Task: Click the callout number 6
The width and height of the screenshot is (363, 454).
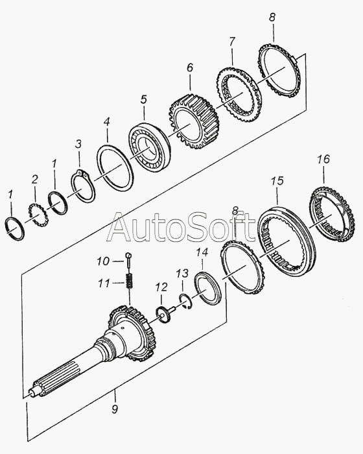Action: (x=190, y=67)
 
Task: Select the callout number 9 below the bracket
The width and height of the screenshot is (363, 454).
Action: (x=115, y=409)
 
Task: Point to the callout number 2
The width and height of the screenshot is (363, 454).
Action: (x=35, y=180)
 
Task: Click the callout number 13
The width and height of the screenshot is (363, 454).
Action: (x=182, y=273)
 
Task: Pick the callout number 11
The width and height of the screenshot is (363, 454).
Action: (x=104, y=283)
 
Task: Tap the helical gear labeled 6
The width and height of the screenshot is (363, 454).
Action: (x=194, y=121)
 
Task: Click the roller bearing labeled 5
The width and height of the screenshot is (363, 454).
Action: (x=149, y=147)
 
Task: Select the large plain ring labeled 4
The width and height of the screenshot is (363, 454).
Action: (x=115, y=168)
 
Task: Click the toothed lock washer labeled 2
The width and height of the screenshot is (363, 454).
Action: (x=38, y=215)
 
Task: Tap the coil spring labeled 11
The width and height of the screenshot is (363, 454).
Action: (x=129, y=281)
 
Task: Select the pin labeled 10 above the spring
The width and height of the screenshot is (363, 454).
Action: (x=128, y=260)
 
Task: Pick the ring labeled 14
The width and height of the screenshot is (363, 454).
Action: (x=209, y=289)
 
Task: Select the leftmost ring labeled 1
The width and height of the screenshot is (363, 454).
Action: (x=15, y=229)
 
